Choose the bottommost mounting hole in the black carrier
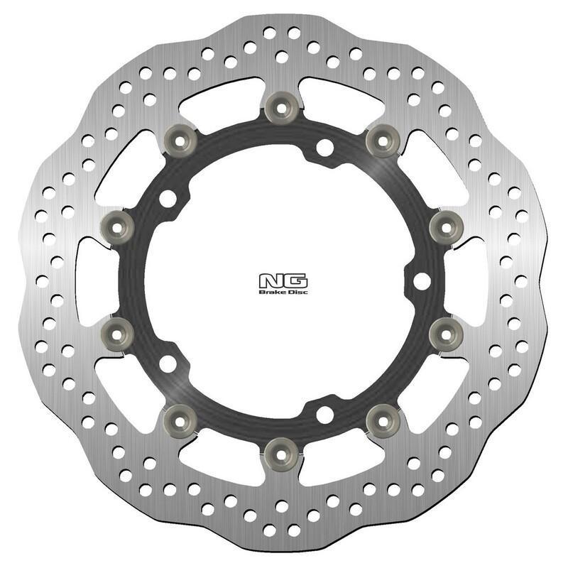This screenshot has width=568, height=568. click(x=324, y=413)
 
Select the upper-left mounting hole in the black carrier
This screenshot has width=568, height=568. click(x=168, y=199)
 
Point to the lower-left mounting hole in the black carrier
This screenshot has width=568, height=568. click(x=168, y=363)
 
